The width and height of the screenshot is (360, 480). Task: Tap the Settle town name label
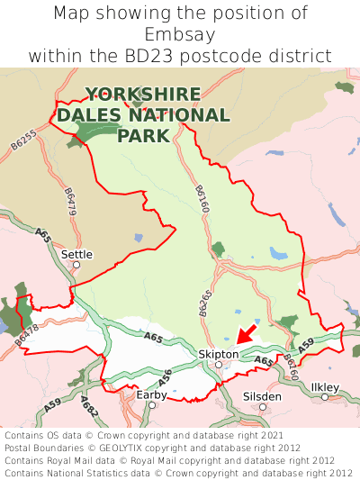pyautogui.click(x=76, y=254)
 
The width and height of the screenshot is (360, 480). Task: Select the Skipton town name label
pyautogui.click(x=218, y=354)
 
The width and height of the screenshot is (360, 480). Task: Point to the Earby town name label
pyautogui.click(x=151, y=394)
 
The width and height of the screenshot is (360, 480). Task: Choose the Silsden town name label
pyautogui.click(x=262, y=395)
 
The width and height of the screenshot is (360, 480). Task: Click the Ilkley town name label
pyautogui.click(x=325, y=386)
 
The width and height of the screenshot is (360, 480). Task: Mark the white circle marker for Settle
pyautogui.click(x=76, y=265)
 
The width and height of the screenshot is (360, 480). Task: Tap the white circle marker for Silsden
pyautogui.click(x=263, y=407)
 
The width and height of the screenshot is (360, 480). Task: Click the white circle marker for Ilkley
pyautogui.click(x=325, y=397)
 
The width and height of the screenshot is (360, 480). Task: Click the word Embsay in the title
pyautogui.click(x=179, y=34)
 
